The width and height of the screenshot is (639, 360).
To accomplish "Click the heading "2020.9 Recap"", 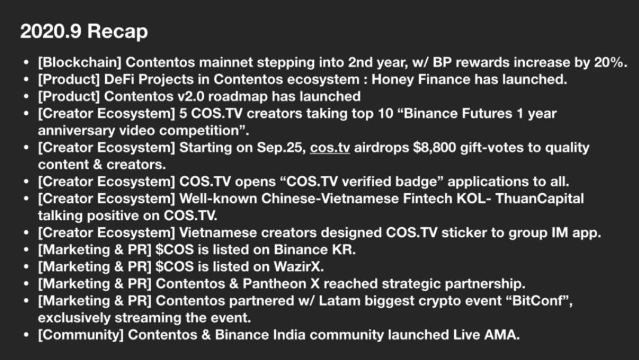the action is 84,31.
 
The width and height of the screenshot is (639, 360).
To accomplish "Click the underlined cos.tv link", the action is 330,148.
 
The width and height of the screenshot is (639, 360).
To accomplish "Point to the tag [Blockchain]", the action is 80,62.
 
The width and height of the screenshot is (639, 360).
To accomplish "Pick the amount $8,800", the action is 434,148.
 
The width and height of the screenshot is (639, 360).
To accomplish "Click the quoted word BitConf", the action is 537,301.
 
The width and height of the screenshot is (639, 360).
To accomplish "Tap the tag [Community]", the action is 81,335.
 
